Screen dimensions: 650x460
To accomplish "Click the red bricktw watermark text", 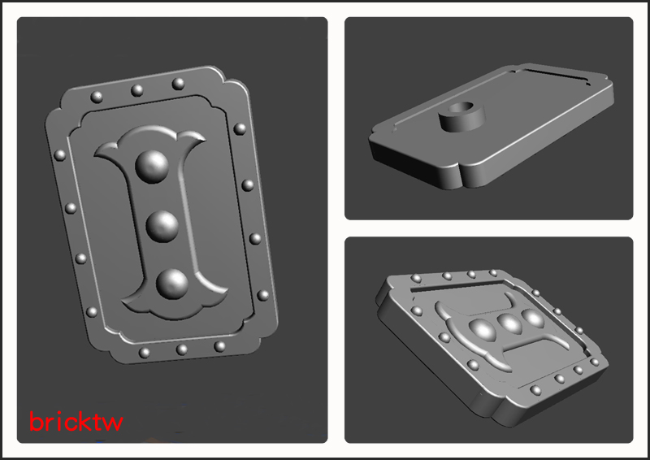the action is click(x=76, y=421).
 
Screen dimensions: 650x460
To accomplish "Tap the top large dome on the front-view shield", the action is click(x=152, y=167).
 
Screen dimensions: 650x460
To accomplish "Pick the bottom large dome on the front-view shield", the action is click(x=172, y=284).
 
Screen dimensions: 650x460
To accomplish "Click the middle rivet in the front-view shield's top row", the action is click(x=136, y=90).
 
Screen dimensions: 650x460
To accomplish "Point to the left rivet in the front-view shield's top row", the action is click(x=97, y=97).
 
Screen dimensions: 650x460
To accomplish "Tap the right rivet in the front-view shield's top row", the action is click(x=178, y=84).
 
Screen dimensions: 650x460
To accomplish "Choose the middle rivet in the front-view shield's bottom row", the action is click(x=181, y=349).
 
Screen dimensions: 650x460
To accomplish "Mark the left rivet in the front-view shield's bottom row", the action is click(x=144, y=353).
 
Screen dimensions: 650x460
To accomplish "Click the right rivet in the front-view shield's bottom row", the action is click(x=219, y=346).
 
